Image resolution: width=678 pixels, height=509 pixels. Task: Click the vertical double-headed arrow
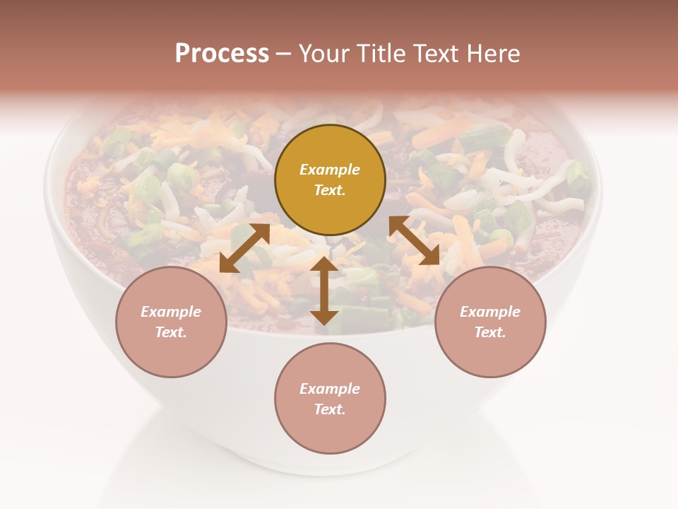tap(324, 291)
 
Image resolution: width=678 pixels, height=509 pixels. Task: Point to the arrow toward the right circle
tap(415, 241)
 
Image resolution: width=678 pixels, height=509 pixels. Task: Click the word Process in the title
tap(222, 53)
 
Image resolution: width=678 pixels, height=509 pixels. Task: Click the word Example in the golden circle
tap(330, 170)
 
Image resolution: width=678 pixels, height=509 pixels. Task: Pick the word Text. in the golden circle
tap(330, 190)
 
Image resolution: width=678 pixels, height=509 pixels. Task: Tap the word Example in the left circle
tap(171, 312)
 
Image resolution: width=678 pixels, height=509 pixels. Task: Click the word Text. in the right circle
tap(490, 332)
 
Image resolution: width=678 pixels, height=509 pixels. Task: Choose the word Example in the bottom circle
tap(330, 389)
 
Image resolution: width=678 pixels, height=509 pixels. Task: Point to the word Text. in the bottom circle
tap(330, 409)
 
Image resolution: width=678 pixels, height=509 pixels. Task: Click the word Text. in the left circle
tap(171, 332)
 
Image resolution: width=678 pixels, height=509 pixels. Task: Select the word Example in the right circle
tap(490, 312)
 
